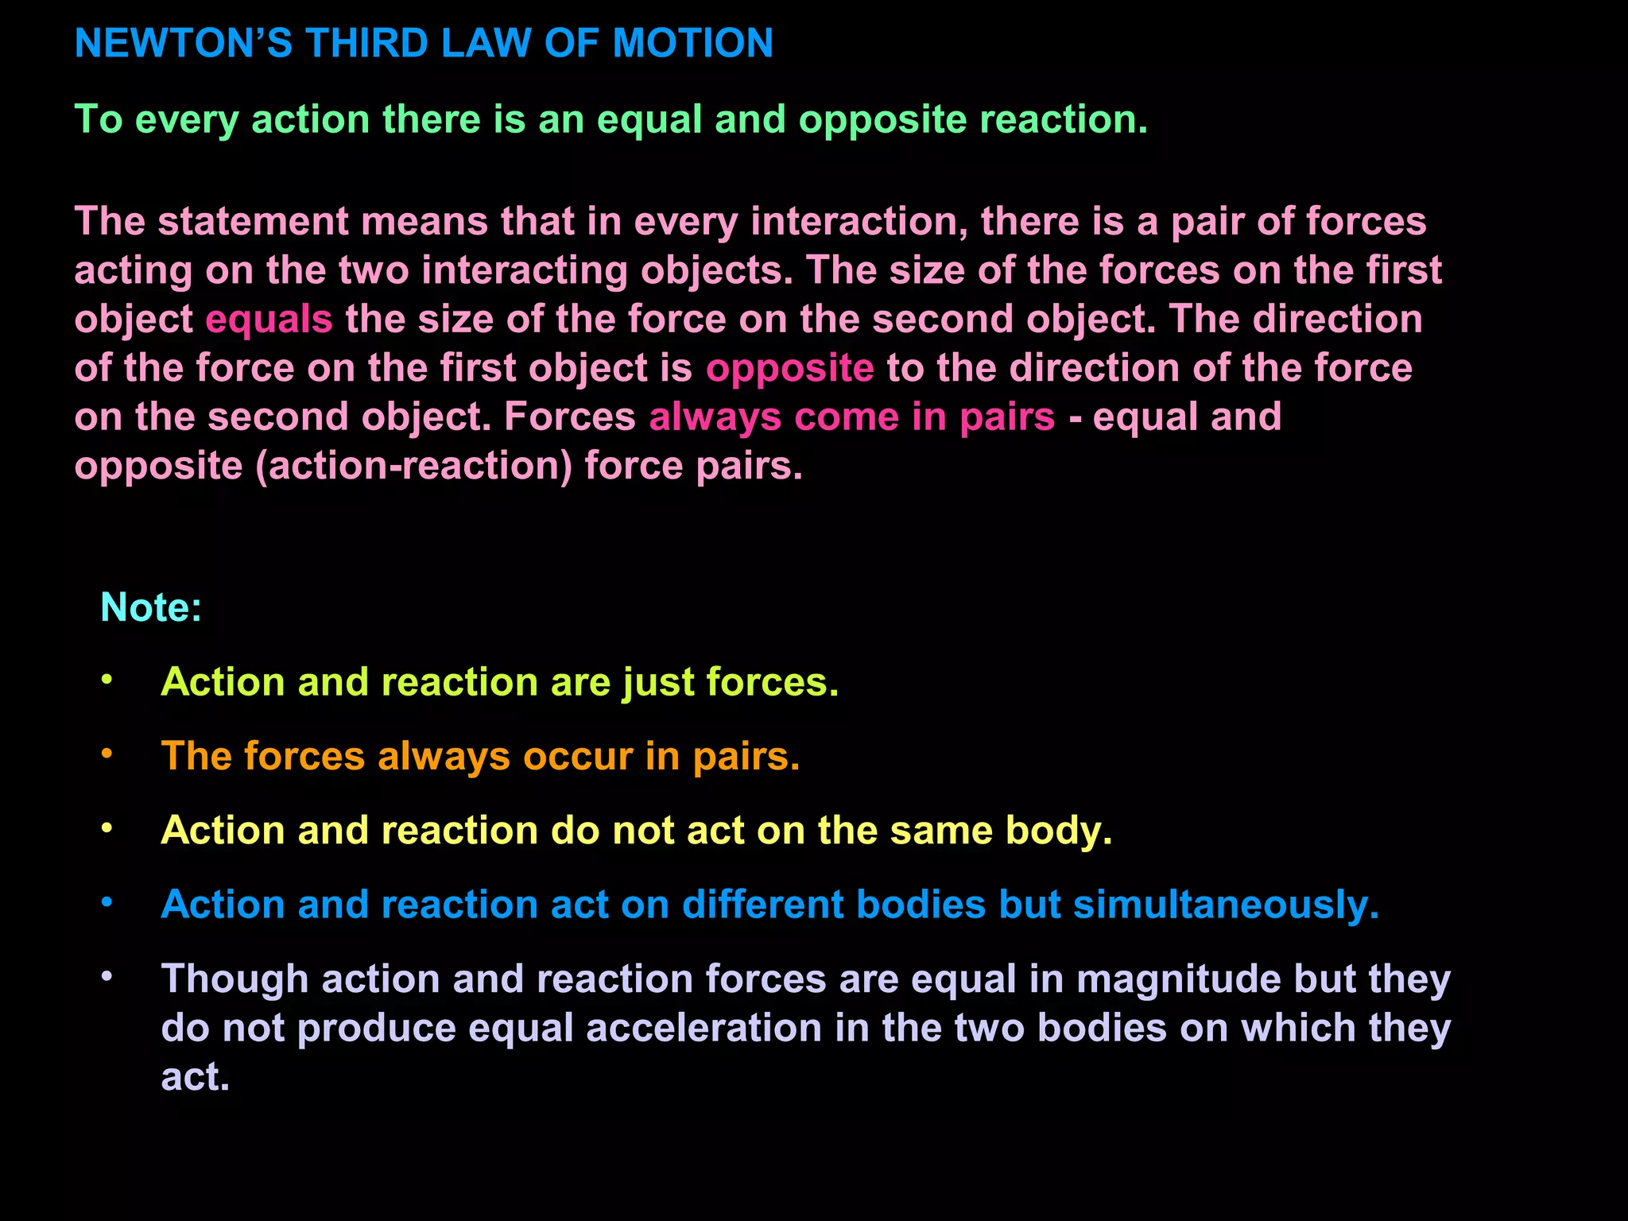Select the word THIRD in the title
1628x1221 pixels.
(367, 43)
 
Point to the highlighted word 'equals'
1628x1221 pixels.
(269, 320)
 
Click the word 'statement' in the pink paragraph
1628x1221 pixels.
(253, 221)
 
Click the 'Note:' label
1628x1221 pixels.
(151, 607)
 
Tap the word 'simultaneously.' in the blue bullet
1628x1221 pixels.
(1226, 905)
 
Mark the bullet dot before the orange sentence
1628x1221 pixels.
(107, 754)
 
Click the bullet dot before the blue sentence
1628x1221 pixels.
(107, 902)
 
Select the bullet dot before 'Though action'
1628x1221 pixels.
(107, 976)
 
